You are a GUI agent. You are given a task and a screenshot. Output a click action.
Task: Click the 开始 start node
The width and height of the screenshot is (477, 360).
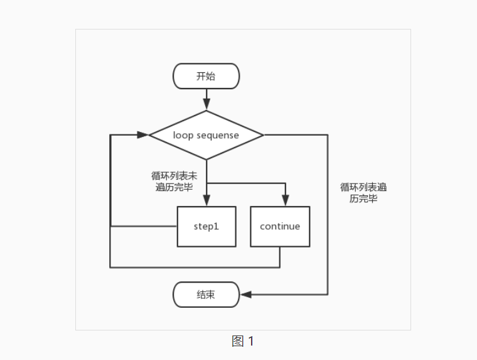click(206, 76)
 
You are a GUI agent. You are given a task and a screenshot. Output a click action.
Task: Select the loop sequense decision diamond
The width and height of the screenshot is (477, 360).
click(206, 134)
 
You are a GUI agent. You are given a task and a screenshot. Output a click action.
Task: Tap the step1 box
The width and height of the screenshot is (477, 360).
click(206, 226)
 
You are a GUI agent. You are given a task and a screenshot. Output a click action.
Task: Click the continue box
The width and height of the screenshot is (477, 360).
click(280, 226)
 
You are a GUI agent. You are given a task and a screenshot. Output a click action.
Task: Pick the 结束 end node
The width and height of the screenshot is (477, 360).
click(206, 294)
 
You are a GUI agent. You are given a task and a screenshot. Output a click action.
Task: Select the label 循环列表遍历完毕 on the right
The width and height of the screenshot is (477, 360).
click(363, 192)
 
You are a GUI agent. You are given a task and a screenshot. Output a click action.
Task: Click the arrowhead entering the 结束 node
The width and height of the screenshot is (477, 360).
click(246, 294)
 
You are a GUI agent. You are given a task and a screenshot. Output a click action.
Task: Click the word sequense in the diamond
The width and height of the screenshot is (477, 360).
click(218, 135)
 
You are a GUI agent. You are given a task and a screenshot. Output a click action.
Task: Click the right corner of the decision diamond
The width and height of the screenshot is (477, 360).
click(262, 134)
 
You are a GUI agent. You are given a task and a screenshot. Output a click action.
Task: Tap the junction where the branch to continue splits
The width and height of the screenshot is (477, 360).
click(206, 183)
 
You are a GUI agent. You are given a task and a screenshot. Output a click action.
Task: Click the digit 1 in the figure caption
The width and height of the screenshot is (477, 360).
click(251, 341)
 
